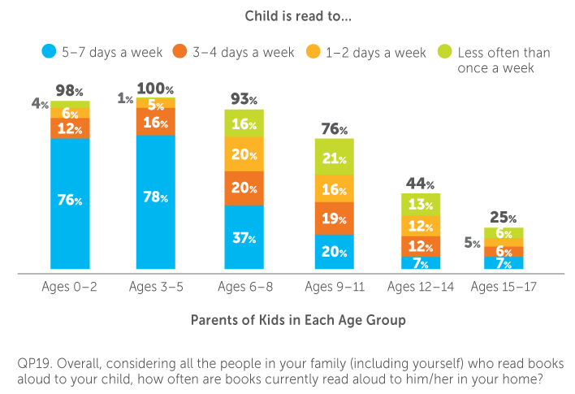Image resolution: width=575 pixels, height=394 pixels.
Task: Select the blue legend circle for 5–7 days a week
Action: tap(48, 53)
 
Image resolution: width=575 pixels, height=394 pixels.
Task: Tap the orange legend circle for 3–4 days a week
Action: tap(179, 53)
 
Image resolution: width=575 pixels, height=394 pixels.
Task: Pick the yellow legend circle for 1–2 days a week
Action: tap(311, 53)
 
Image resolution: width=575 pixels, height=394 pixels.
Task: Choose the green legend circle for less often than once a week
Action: tap(443, 54)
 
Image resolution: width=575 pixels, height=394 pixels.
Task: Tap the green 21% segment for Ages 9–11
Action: tap(334, 157)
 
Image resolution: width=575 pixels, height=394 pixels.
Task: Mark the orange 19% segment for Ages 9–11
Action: tap(334, 218)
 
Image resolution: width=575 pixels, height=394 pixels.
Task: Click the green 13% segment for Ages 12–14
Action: tap(421, 203)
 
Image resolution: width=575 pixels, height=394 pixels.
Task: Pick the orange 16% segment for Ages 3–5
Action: tap(154, 123)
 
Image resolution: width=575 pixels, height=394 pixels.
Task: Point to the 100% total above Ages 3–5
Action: tap(154, 87)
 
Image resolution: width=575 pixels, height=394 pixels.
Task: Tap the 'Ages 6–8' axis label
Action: tap(244, 287)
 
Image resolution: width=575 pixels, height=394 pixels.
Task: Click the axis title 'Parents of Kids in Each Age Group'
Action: tap(297, 320)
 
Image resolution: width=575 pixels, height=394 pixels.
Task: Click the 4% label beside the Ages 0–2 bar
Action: tap(37, 103)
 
